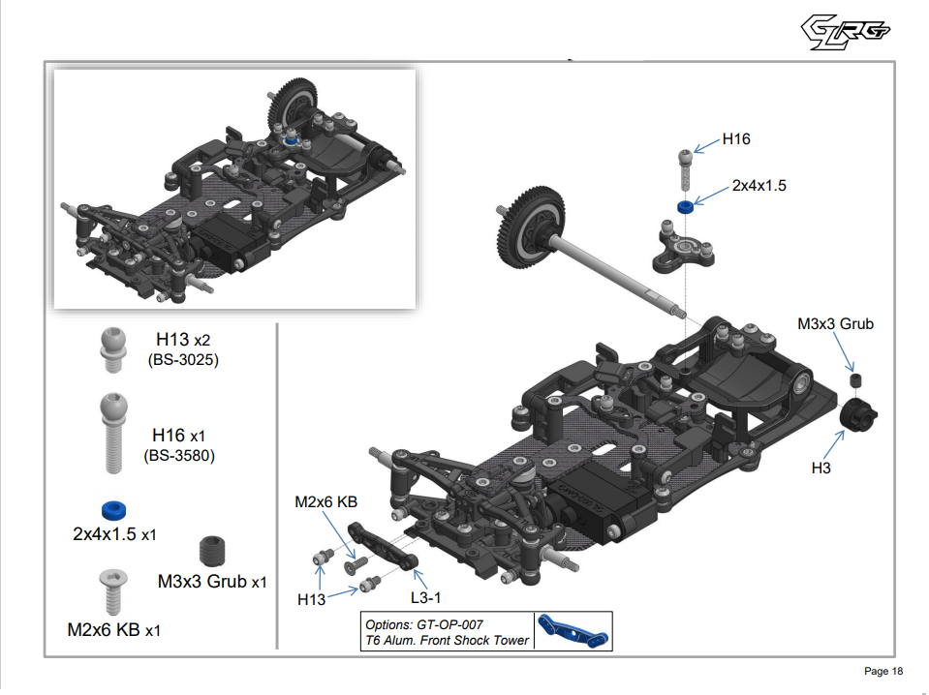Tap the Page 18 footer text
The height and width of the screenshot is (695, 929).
coord(883,672)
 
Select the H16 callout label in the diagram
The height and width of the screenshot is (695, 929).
coord(735,139)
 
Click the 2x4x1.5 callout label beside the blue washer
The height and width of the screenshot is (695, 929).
coord(759,185)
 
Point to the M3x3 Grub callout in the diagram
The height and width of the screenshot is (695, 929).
coord(835,323)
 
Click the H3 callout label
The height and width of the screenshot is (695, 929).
coord(822,467)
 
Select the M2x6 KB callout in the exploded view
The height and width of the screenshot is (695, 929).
coord(326,501)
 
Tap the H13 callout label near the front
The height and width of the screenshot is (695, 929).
coord(311,600)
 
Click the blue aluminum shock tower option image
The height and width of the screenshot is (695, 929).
coord(573,629)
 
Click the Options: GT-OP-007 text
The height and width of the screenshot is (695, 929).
coord(423,624)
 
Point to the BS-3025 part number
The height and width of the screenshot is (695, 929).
coord(183,360)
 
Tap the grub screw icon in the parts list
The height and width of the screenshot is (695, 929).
coord(211,551)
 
